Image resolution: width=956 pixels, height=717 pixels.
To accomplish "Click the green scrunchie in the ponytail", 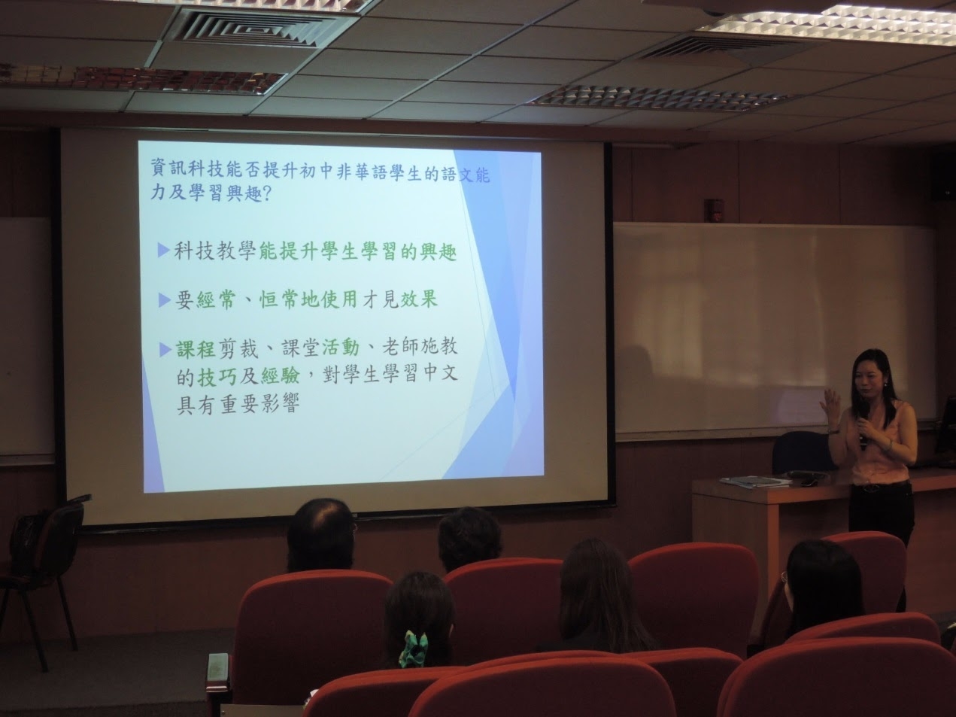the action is [414, 647].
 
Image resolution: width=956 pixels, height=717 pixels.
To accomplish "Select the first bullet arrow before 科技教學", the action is [163, 250].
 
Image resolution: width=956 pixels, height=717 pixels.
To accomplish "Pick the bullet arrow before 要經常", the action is [164, 300].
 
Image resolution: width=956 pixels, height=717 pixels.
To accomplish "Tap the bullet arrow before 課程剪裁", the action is [164, 350].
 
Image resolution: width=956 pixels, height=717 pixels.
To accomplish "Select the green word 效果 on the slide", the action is [419, 300].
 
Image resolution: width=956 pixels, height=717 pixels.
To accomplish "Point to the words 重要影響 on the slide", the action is [260, 404].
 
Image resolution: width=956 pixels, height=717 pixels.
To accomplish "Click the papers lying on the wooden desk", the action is [756, 481].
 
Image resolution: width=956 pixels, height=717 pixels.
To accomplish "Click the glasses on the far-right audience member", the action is [785, 578].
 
